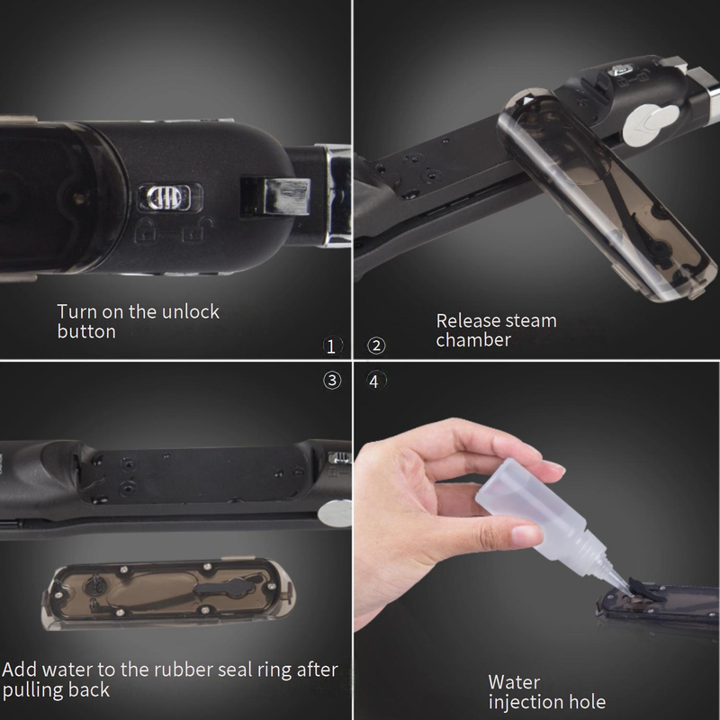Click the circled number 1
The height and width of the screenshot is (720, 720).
331,346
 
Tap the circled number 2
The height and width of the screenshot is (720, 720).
376,346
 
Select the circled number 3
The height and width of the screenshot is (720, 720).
332,380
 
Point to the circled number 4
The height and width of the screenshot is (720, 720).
375,381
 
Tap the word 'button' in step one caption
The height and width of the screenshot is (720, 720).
86,331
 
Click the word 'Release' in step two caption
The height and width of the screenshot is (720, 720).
465,320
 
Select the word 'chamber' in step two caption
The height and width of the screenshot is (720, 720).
473,340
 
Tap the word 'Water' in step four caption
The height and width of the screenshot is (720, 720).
514,682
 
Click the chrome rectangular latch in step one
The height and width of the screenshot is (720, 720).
274,195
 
